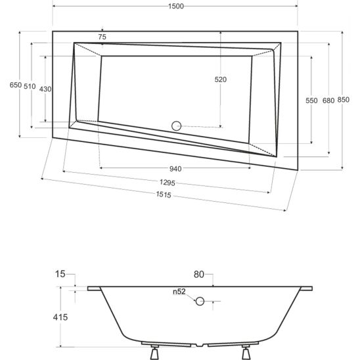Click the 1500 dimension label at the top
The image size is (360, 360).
pos(176,6)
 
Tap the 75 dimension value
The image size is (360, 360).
pos(102,37)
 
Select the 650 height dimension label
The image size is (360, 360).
pos(16,85)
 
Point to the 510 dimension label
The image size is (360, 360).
pos(30,86)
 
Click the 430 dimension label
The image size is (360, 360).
pos(45,89)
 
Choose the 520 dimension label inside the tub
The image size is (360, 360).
pos(221,79)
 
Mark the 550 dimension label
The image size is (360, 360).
pos(311,101)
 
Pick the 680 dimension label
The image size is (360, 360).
pos(328,101)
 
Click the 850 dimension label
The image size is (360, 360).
pos(344,100)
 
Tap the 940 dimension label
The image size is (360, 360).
pos(175,169)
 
